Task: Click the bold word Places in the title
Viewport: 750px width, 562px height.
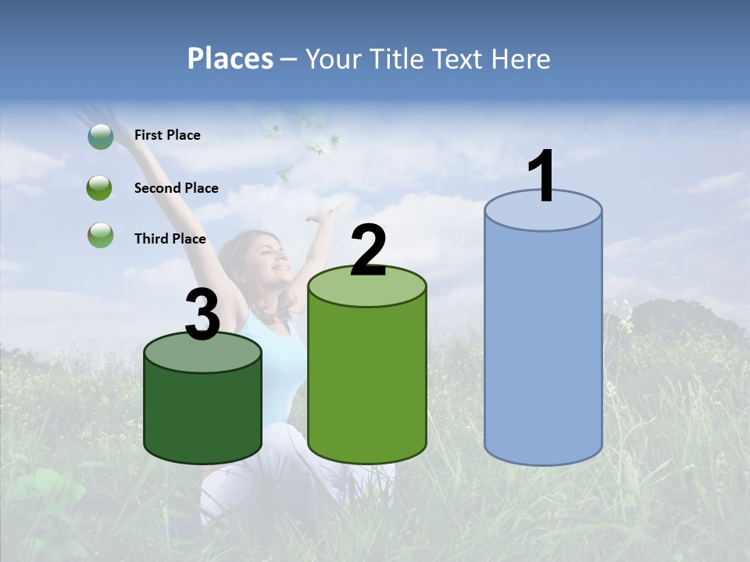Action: [x=230, y=59]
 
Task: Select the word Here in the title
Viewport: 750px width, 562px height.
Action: [x=522, y=59]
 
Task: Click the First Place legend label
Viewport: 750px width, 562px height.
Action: [x=167, y=135]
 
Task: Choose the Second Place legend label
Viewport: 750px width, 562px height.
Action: [x=176, y=188]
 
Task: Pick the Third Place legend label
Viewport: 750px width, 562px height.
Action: [x=170, y=239]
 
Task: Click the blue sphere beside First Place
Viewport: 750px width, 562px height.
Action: [x=101, y=137]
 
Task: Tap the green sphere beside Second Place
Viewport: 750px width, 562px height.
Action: [x=100, y=188]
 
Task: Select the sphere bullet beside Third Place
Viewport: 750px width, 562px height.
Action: [x=100, y=235]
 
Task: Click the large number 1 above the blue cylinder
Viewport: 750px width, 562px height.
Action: [x=541, y=176]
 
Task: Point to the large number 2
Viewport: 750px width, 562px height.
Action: [x=368, y=251]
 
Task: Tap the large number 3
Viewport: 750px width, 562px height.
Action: [x=203, y=315]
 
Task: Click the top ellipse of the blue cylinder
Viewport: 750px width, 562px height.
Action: [x=543, y=211]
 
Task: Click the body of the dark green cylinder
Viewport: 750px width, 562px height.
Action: [x=202, y=414]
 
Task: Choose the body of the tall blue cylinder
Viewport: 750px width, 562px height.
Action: [x=543, y=343]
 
